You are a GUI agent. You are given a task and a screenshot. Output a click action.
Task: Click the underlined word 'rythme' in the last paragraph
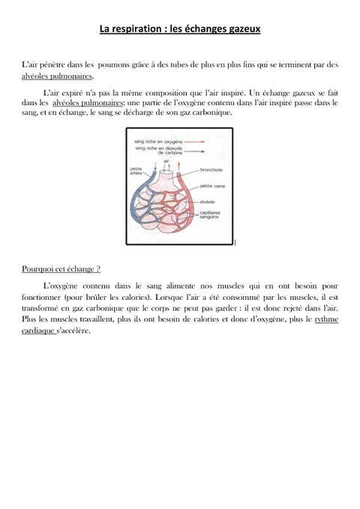[x=327, y=319]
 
